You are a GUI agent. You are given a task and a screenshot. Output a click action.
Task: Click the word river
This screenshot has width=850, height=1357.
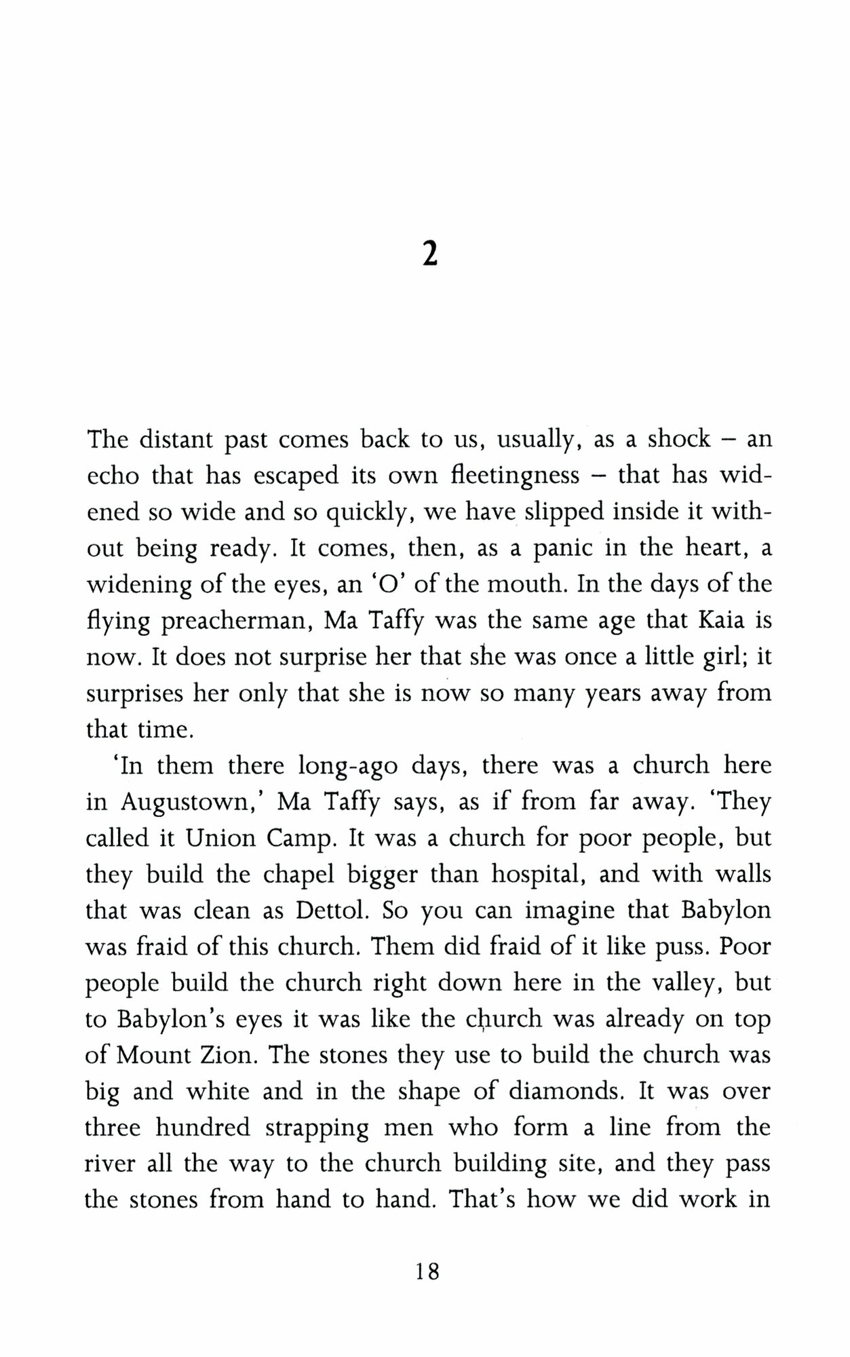[110, 1164]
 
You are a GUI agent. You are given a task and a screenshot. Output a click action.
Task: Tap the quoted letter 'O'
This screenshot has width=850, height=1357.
[375, 585]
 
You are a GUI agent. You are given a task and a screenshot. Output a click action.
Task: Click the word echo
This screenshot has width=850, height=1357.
[113, 476]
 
